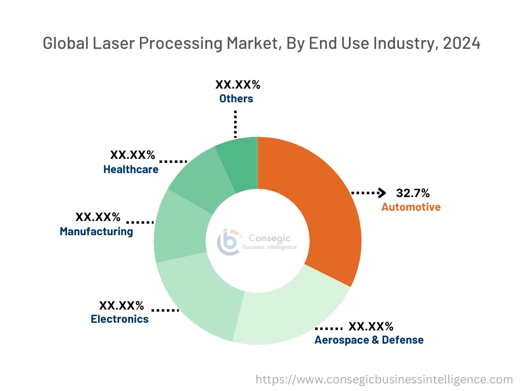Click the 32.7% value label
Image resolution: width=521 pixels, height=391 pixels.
413,193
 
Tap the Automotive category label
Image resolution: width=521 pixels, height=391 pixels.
411,207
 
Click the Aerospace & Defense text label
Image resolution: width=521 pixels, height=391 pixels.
369,340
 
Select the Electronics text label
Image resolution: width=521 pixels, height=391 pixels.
120,319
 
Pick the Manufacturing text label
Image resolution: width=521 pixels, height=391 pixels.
96,232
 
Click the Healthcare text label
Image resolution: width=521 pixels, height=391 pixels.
131,170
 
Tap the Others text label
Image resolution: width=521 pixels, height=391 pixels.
236,99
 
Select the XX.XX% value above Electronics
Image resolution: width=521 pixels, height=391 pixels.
121,305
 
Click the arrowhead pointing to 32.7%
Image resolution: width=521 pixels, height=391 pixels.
382,193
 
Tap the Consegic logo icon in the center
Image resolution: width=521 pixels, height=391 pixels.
228,241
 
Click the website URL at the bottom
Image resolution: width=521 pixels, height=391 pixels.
384,379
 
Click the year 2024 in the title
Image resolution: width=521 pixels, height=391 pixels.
461,44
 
